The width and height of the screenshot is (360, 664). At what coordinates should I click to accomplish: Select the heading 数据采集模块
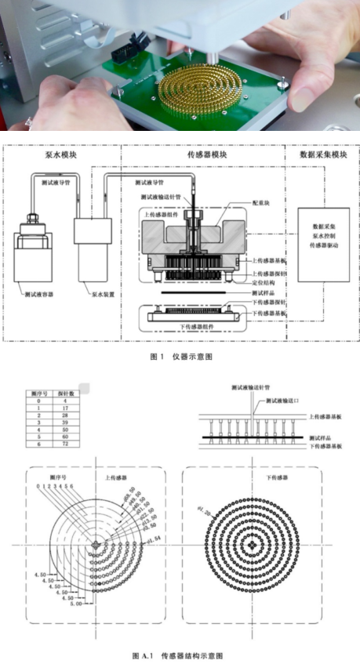(322, 155)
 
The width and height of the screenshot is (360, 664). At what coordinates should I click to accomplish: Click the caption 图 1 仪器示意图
(180, 356)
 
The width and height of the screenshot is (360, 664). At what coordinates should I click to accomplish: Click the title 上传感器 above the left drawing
(115, 476)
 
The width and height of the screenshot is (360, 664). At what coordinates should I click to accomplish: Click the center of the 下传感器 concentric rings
(250, 542)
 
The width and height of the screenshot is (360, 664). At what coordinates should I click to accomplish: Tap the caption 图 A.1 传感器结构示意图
(180, 654)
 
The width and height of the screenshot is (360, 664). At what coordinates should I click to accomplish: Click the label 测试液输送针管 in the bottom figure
(250, 387)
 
